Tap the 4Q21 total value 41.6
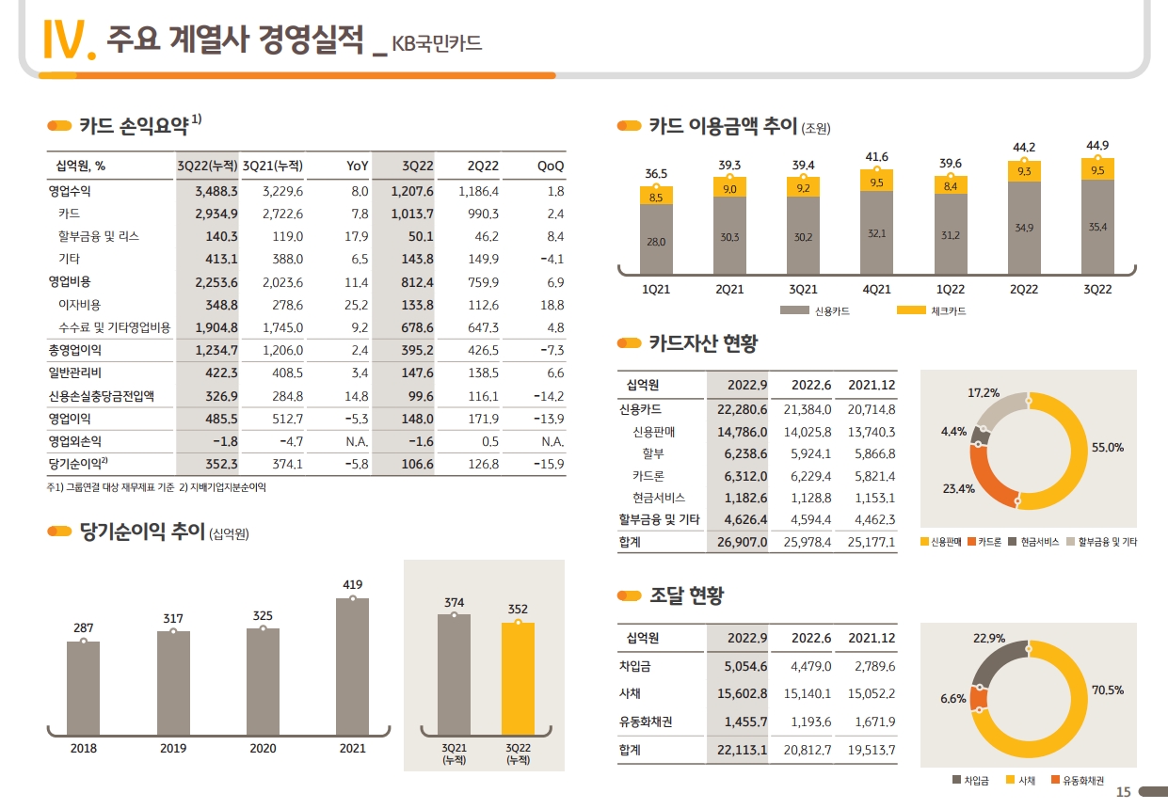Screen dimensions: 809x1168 [x=876, y=156]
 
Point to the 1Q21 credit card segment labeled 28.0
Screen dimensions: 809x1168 [x=656, y=242]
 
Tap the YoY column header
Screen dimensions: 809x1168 [x=357, y=166]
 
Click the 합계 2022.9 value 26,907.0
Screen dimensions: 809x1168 [x=742, y=542]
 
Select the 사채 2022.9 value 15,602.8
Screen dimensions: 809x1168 [x=742, y=694]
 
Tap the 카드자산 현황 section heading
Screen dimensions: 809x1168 [x=702, y=343]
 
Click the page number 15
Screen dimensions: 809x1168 [x=1123, y=792]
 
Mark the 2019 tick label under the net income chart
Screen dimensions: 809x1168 [x=173, y=749]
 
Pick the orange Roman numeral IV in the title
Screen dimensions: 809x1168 [x=68, y=40]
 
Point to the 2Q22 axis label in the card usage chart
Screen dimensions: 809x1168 [x=1024, y=290]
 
